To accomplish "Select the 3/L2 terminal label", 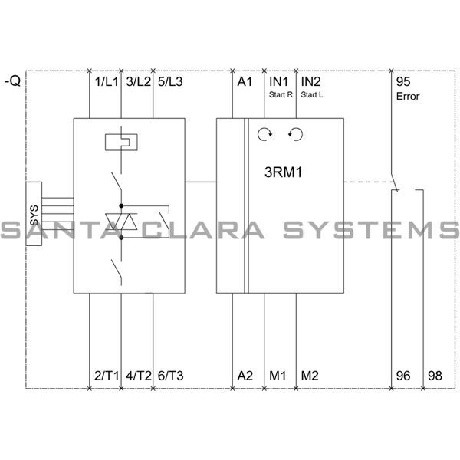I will click(x=138, y=81).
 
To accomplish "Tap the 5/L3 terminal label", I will click(x=170, y=81).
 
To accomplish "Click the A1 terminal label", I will click(x=244, y=81).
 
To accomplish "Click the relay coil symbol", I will click(x=121, y=142).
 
